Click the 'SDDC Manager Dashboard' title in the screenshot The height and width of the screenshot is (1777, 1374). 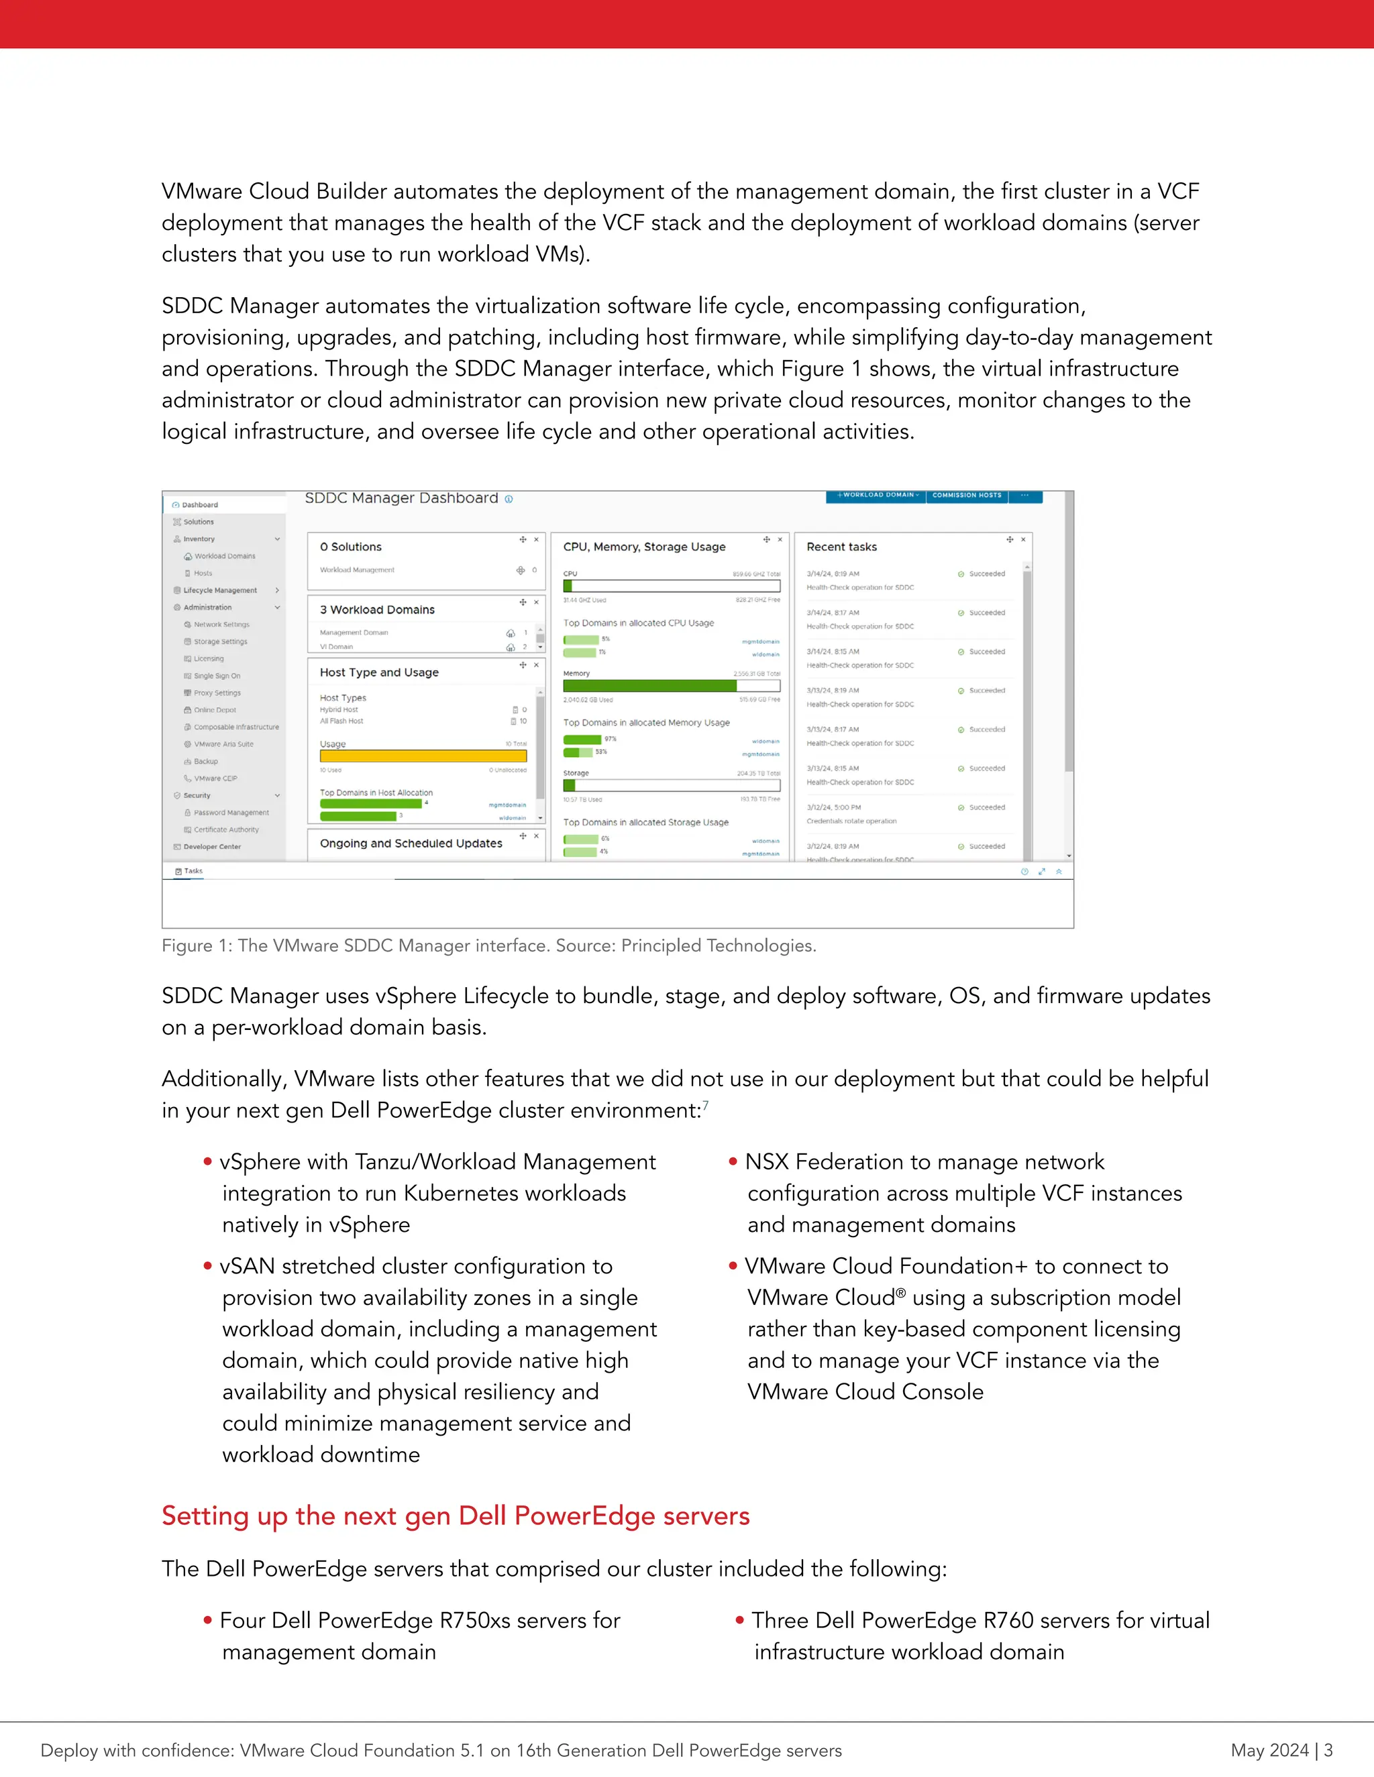point(401,498)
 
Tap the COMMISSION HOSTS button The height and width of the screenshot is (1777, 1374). point(966,496)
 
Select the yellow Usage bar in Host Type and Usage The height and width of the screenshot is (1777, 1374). point(423,756)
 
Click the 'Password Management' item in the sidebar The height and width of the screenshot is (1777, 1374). point(231,813)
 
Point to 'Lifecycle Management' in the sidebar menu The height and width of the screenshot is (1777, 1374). point(220,591)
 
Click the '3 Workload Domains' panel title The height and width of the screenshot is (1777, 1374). point(377,610)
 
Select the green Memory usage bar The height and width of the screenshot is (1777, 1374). point(649,686)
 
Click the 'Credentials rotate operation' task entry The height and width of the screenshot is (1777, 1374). point(851,821)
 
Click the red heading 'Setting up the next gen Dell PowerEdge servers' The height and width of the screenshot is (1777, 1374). point(455,1516)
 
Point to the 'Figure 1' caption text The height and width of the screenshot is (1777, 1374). point(488,945)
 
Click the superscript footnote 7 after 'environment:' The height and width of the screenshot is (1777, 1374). point(706,1105)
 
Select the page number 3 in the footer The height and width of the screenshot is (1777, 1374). point(1328,1750)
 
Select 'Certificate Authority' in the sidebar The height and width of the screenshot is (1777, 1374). point(225,830)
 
